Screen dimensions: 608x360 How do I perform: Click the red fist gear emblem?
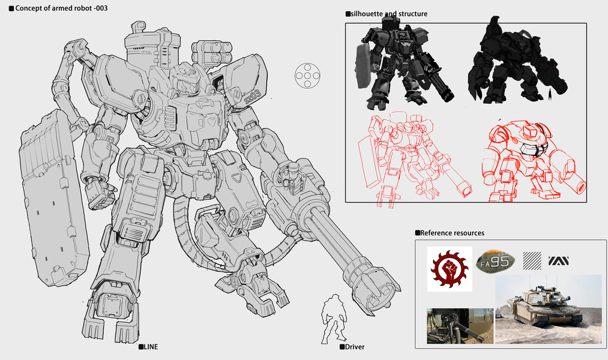450,269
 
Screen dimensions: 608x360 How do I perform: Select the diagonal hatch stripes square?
532,261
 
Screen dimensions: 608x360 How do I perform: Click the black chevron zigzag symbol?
558,261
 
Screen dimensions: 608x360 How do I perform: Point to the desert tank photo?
549,309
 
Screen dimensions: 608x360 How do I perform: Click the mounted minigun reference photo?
460,326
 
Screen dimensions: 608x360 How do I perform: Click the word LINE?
151,347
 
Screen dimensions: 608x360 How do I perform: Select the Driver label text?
355,347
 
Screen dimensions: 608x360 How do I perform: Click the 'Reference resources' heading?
452,233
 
